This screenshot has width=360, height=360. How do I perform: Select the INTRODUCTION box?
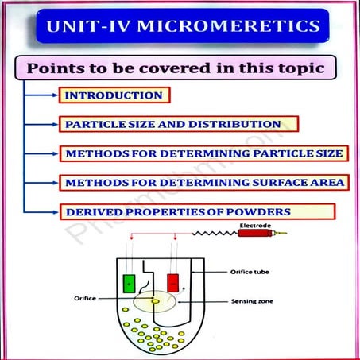pos(114,95)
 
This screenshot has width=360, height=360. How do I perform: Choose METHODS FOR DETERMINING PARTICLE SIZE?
pos(203,153)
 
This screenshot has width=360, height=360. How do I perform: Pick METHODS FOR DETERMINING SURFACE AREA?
pos(203,182)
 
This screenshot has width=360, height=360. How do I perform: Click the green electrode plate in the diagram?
pos(129,283)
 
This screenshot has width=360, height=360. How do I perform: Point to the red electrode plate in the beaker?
pos(173,283)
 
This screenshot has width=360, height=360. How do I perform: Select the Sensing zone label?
pos(253,302)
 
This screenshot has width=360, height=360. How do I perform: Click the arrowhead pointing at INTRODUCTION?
pos(55,95)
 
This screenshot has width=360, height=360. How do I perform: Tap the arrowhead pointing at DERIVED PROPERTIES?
pos(55,211)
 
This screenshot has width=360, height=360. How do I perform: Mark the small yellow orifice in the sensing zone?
pos(154,301)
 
